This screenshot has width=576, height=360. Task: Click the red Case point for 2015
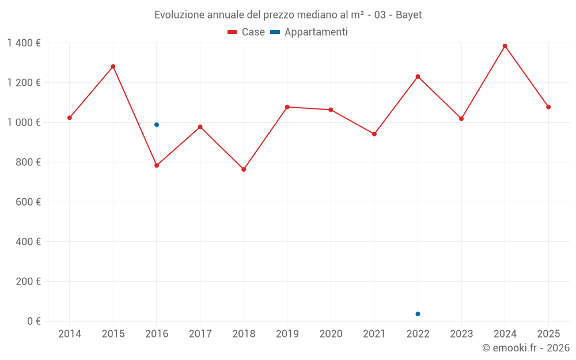tap(113, 66)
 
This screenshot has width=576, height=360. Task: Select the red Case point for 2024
tap(505, 46)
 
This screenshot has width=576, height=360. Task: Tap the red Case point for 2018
tap(244, 169)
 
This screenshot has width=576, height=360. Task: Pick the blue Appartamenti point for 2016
tap(157, 124)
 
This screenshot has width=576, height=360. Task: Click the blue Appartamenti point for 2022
tap(418, 314)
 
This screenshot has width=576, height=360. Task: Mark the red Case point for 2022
tap(418, 77)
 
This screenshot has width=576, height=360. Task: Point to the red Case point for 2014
tap(70, 118)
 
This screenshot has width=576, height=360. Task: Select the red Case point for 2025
tap(548, 107)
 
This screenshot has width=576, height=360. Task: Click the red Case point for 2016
tap(157, 165)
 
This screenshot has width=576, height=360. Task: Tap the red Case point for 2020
tap(331, 109)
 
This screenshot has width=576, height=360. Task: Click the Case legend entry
tap(247, 32)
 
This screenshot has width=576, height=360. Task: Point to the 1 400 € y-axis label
tap(24, 43)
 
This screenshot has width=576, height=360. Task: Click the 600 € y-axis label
tap(28, 202)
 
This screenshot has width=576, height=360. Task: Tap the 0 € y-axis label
tap(34, 321)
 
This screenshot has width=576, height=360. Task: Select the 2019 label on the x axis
tap(287, 334)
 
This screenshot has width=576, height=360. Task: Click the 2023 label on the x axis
tap(461, 334)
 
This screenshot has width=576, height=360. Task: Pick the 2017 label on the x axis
tap(200, 334)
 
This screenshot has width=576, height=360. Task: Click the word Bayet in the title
tap(409, 15)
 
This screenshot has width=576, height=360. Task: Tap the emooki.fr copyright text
tap(526, 348)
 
